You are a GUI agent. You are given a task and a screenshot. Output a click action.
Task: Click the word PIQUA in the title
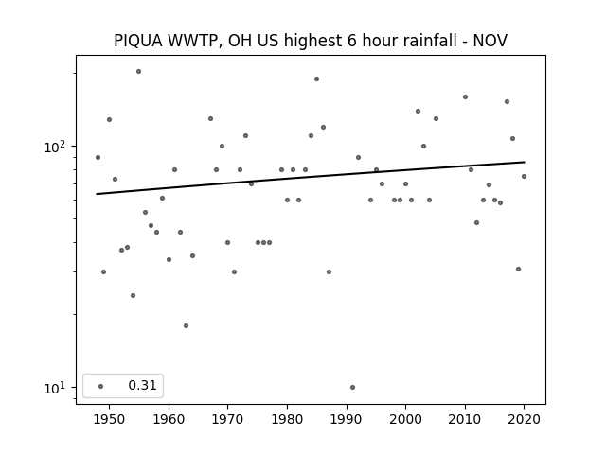pos(138,41)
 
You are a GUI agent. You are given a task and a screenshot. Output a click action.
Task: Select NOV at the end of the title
pos(490,41)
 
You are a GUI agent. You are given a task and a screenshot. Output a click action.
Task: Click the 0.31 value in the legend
pos(142,385)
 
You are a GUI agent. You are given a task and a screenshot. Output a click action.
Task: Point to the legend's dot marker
pos(101,386)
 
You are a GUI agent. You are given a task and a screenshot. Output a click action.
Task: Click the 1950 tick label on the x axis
pos(110,419)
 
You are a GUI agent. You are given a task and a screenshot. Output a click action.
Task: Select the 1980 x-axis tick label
pos(287,419)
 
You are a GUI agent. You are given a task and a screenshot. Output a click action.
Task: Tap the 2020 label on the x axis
pos(524,419)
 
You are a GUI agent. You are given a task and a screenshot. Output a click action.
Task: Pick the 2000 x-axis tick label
pos(405,419)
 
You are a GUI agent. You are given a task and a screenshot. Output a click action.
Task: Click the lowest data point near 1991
pos(352,387)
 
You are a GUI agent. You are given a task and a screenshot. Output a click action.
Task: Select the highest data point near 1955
pos(139,72)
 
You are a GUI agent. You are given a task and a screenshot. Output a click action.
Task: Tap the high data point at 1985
pos(316,79)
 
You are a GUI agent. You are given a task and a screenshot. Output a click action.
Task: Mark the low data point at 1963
pos(186,325)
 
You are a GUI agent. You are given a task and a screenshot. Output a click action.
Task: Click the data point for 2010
pos(465,96)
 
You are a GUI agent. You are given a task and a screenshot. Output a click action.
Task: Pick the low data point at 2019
pos(518,269)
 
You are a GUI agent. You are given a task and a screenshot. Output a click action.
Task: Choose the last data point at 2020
pos(524,177)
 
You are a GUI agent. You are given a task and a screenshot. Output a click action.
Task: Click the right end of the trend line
pos(525,162)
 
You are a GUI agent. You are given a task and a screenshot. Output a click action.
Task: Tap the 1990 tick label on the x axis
pos(347,419)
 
